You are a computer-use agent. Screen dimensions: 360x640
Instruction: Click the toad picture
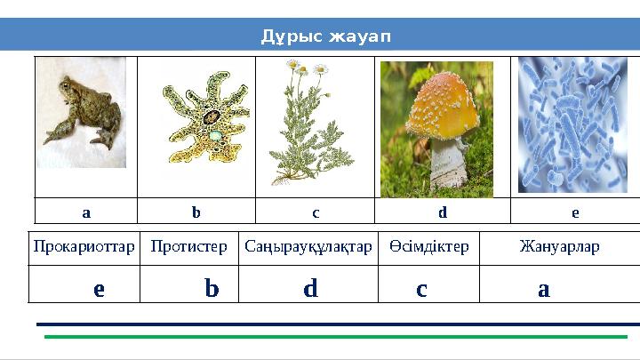(x=83, y=112)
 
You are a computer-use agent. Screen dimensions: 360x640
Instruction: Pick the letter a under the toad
(x=85, y=213)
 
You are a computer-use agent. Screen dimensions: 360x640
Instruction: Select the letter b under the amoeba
(x=196, y=213)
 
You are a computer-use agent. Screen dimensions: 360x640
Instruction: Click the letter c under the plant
(x=316, y=213)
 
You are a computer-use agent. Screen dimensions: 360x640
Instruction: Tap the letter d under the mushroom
(x=442, y=213)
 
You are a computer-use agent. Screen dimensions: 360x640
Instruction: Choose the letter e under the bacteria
(x=575, y=213)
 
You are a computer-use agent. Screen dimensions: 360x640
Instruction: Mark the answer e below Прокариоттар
(x=99, y=289)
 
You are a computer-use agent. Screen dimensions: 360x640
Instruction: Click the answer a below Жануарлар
(x=543, y=289)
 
